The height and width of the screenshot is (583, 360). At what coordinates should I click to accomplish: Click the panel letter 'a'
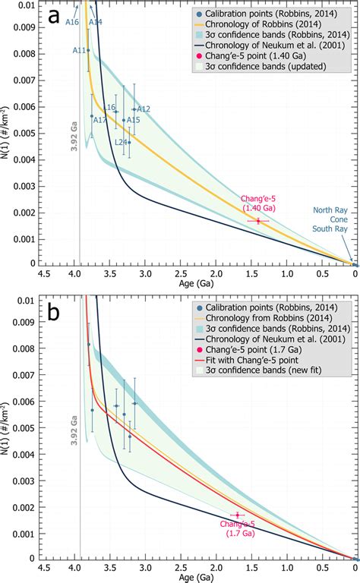click(x=54, y=17)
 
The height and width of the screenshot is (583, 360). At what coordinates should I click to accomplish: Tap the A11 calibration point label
click(x=78, y=50)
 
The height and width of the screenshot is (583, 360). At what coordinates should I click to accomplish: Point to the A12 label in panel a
click(x=144, y=109)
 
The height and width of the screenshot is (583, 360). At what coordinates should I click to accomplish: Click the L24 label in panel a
click(x=121, y=142)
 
